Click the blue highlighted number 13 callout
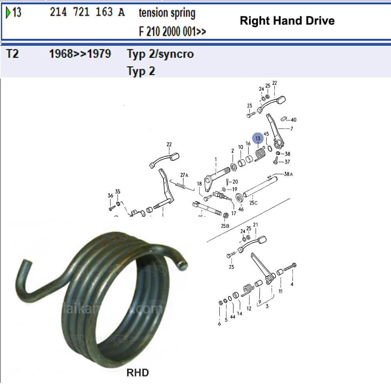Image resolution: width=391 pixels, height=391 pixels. (x=258, y=138)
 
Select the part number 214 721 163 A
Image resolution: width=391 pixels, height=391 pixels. (x=87, y=13)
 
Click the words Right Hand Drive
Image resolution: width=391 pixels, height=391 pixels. (x=287, y=21)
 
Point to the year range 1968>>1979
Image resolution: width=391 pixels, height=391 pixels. (x=80, y=54)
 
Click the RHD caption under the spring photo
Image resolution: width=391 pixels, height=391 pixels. (x=138, y=373)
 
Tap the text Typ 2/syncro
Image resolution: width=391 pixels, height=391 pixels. (x=160, y=54)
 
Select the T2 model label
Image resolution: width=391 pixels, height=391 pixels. (x=13, y=54)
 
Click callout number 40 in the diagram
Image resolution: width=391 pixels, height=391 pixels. (x=293, y=120)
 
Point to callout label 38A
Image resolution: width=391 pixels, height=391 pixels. (x=288, y=174)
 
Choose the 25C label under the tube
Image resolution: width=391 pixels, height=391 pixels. (x=253, y=203)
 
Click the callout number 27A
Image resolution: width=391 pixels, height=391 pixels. (x=184, y=175)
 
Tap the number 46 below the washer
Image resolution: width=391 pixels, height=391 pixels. (x=241, y=210)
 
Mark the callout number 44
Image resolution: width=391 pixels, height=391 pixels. (x=232, y=317)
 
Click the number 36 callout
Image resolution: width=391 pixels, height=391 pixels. (x=110, y=195)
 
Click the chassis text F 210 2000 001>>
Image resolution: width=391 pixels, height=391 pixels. (x=172, y=32)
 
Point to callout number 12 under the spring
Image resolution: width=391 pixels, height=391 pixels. (x=249, y=308)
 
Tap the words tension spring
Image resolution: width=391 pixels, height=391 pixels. (x=167, y=13)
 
